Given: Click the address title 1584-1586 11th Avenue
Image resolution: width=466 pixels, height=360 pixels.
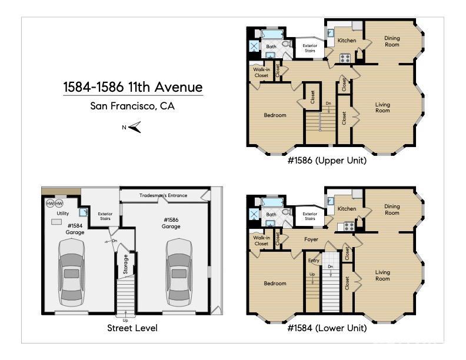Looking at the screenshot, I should [x=133, y=88].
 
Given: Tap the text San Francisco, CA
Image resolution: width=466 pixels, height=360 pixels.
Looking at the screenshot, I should [x=132, y=106].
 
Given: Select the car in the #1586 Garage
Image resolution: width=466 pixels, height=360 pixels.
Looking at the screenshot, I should [x=179, y=272].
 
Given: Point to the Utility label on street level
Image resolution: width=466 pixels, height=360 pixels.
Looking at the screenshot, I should [x=63, y=213].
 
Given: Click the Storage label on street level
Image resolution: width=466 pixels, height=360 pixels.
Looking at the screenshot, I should [x=126, y=265].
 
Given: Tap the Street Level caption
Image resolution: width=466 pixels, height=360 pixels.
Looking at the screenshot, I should [x=132, y=328].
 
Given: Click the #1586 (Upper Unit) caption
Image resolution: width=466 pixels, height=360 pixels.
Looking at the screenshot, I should [x=327, y=160].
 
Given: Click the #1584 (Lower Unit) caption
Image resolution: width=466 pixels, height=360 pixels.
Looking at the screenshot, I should [x=327, y=328].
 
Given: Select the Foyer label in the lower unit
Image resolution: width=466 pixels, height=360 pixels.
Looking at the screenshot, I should [x=311, y=239].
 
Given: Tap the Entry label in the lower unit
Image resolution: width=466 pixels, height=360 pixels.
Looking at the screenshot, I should [x=313, y=260].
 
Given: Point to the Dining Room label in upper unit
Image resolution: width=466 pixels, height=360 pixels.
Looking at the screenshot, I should [x=392, y=41].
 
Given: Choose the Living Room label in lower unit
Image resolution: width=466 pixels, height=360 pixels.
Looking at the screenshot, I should [x=382, y=275].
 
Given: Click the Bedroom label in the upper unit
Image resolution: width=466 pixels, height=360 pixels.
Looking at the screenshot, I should [x=275, y=115].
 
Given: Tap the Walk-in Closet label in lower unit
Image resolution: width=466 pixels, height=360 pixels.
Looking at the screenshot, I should [x=261, y=241].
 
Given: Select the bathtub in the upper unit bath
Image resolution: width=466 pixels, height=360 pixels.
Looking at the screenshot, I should [x=272, y=34].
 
